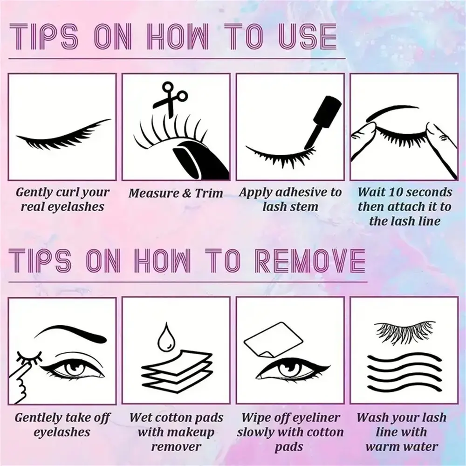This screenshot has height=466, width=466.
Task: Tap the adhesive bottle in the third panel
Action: click(321, 119)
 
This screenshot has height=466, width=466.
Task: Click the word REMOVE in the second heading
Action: click(310, 260)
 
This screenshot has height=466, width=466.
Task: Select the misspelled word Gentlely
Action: click(37, 418)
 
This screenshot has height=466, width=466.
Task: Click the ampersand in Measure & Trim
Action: click(187, 193)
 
